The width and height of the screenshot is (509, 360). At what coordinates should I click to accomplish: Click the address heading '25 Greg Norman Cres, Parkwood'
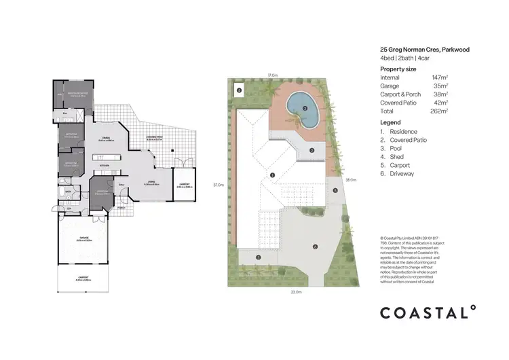click(x=424, y=50)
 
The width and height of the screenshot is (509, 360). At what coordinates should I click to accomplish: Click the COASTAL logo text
click(x=427, y=312)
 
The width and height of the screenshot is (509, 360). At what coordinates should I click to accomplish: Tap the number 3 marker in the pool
click(x=305, y=108)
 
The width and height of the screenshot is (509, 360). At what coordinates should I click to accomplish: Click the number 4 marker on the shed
click(x=238, y=90)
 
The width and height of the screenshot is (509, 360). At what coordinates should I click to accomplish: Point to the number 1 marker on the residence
click(x=272, y=175)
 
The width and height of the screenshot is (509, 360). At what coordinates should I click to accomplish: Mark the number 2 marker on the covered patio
click(x=311, y=150)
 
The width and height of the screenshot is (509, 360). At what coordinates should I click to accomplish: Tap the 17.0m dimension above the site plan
click(x=271, y=75)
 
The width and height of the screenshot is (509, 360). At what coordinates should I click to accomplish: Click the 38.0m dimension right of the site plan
click(x=351, y=181)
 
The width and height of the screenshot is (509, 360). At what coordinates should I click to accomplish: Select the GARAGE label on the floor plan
click(x=81, y=237)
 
